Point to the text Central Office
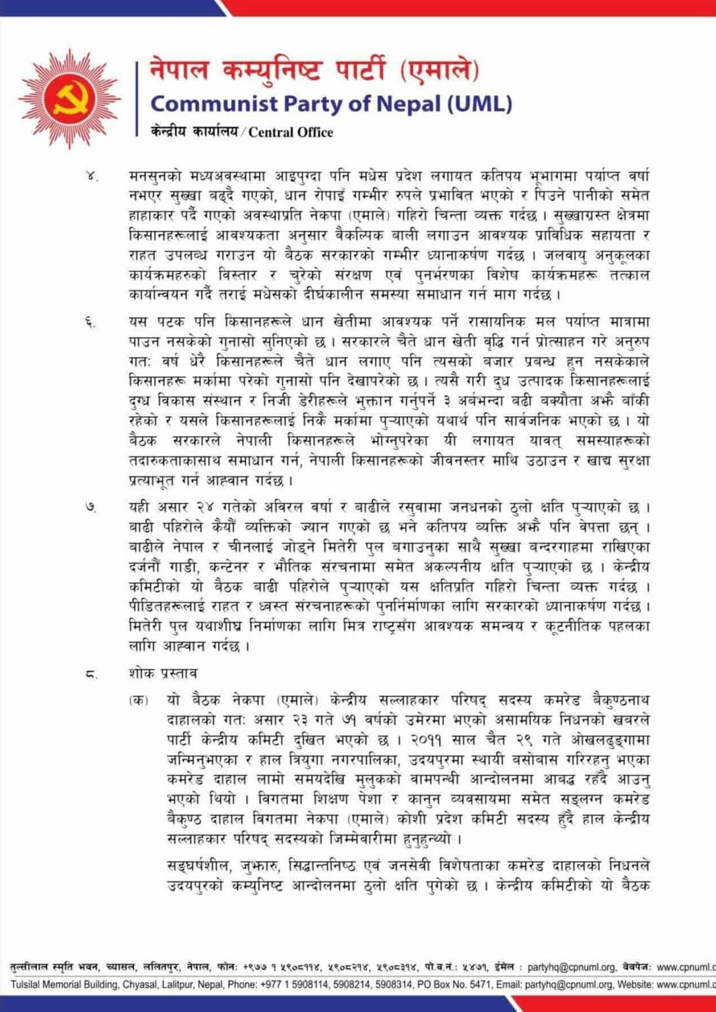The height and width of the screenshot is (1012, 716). point(291,132)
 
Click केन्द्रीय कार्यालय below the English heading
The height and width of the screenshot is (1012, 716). point(194,132)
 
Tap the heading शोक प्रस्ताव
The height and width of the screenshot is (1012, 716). point(163,674)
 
